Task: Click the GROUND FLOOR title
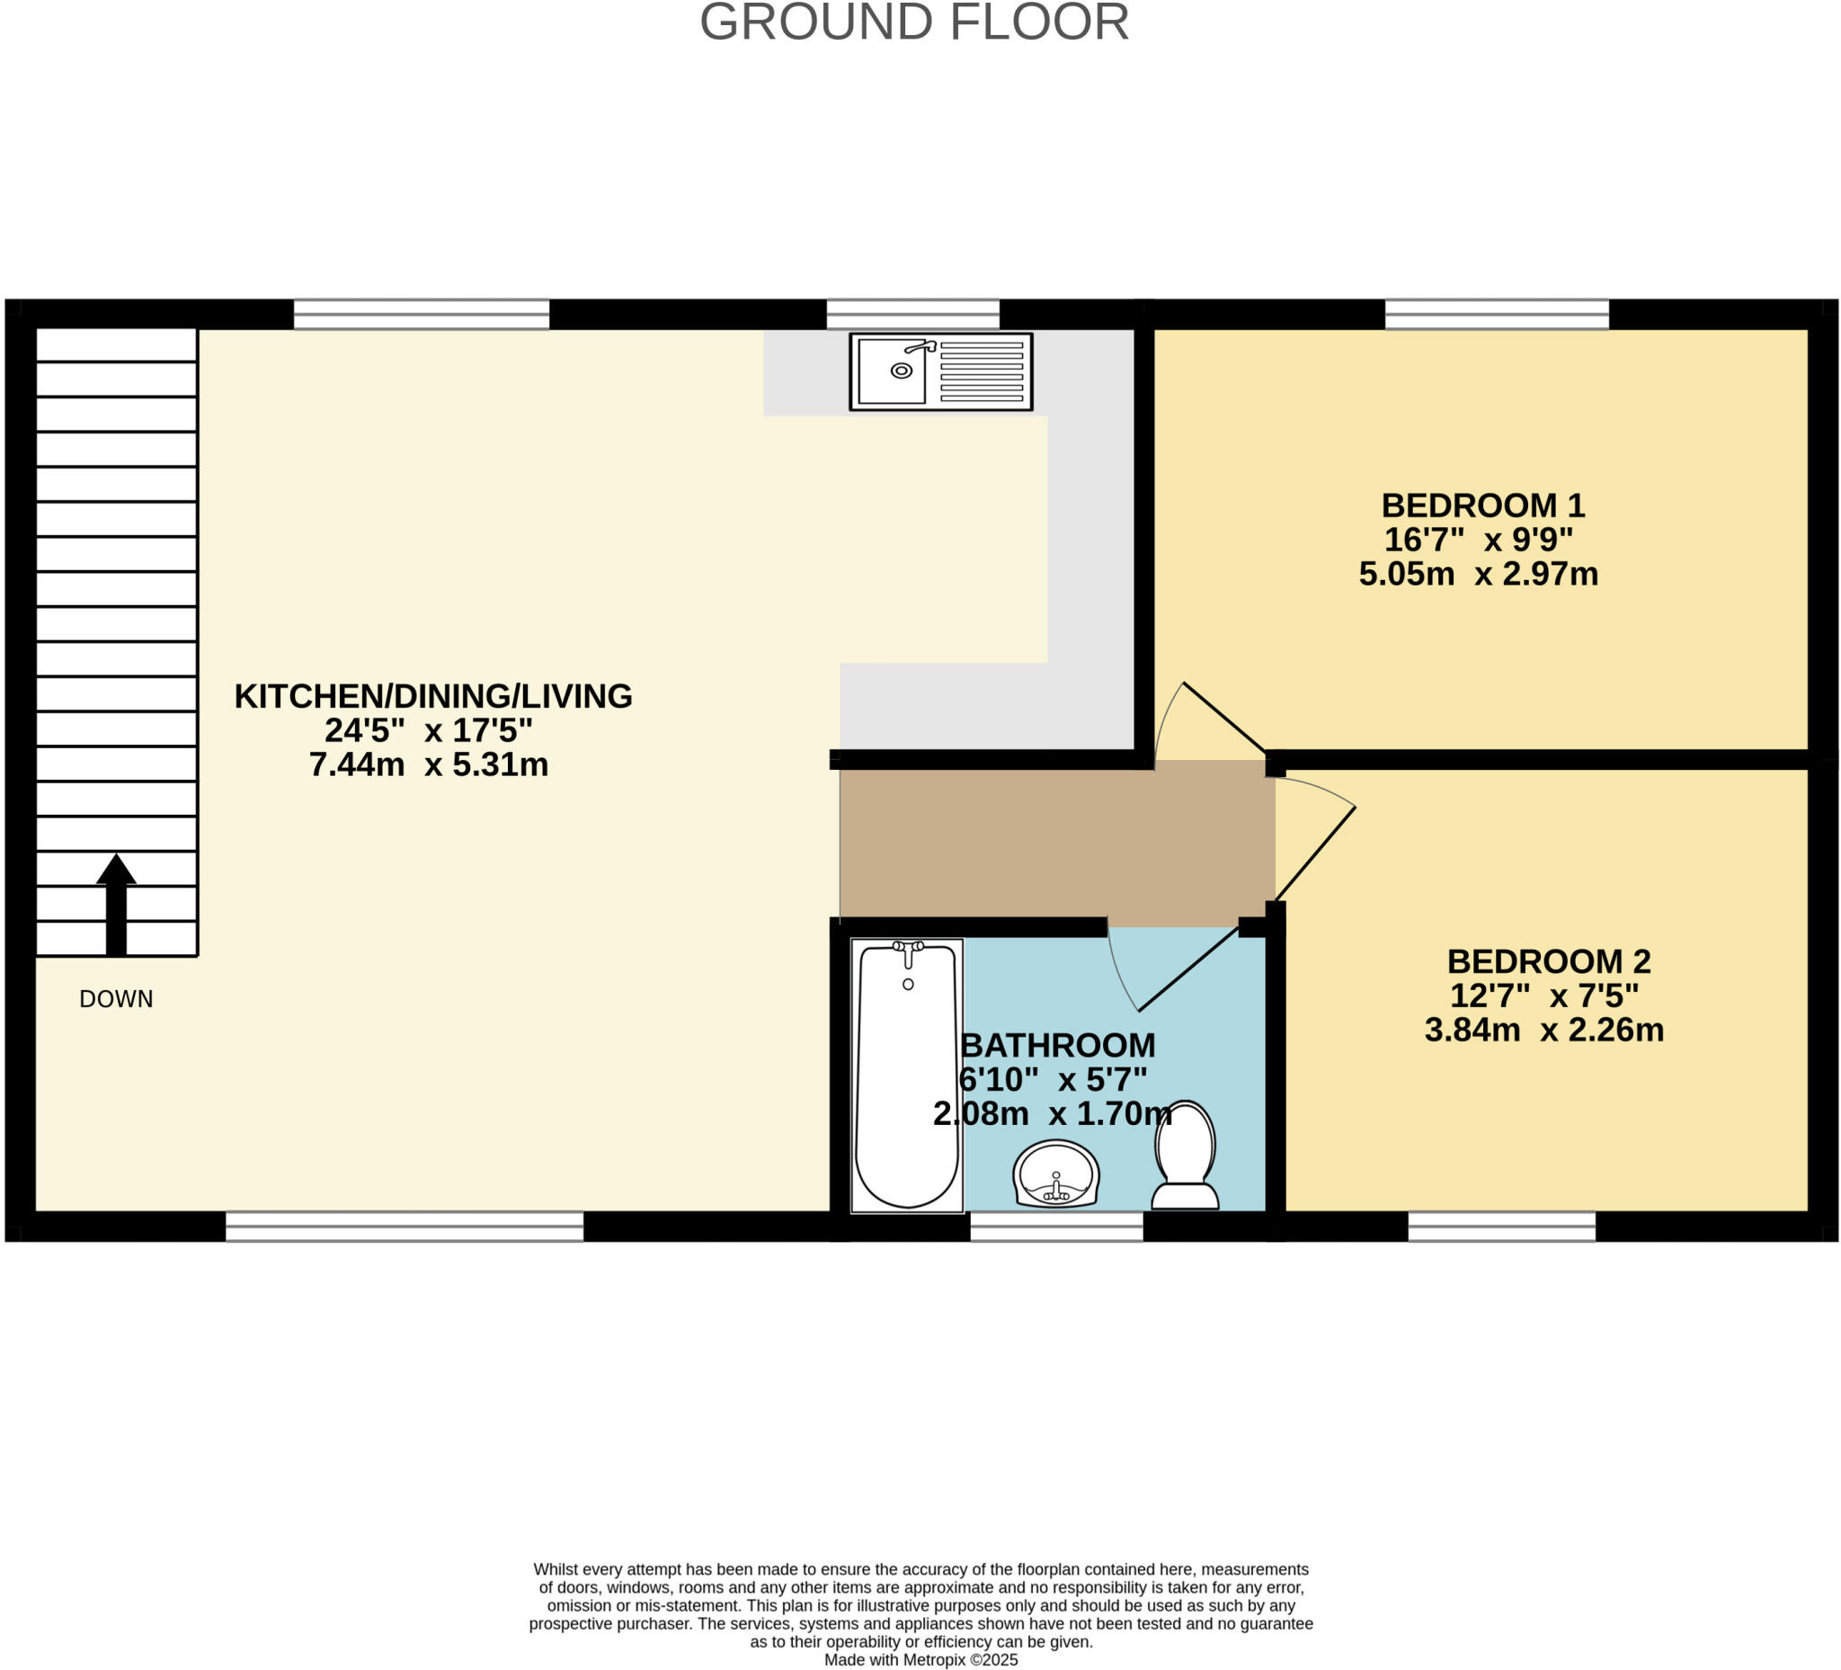tap(914, 22)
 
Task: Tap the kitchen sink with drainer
tap(940, 371)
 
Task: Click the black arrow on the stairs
tap(116, 905)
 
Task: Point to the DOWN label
tap(116, 998)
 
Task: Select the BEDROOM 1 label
tap(1482, 505)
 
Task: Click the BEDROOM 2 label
tap(1549, 961)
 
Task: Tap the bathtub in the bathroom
tap(907, 1076)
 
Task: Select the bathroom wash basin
tap(1055, 1173)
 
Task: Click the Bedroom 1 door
tap(1223, 717)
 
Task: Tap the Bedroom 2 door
tap(1315, 853)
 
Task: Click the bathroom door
tap(1187, 969)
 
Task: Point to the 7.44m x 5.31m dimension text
tap(428, 764)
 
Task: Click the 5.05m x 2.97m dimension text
tap(1479, 574)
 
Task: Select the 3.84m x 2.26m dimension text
tap(1544, 1030)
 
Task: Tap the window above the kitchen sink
tap(913, 313)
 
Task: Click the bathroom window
tap(1055, 1226)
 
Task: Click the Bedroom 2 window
tap(1501, 1226)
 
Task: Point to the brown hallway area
tap(1056, 843)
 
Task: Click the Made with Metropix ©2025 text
tap(920, 1659)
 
